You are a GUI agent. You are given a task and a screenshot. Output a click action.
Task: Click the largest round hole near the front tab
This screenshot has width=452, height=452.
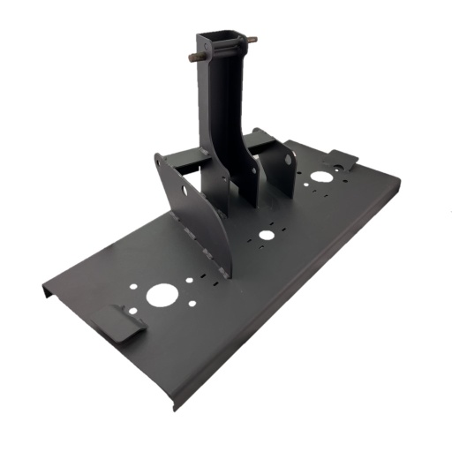(x=160, y=295)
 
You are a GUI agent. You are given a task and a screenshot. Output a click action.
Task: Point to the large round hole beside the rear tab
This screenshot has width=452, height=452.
(x=321, y=177)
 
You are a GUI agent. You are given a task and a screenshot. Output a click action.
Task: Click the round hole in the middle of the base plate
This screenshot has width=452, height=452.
(x=265, y=235)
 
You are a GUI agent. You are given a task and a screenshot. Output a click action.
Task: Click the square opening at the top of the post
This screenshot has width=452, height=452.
(x=216, y=38)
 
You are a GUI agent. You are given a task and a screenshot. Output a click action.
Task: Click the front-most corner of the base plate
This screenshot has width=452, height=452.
(x=176, y=409)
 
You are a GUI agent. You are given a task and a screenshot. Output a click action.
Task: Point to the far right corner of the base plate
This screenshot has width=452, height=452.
(x=398, y=181)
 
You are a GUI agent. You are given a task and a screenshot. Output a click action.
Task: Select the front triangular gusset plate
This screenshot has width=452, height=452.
(x=199, y=212)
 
